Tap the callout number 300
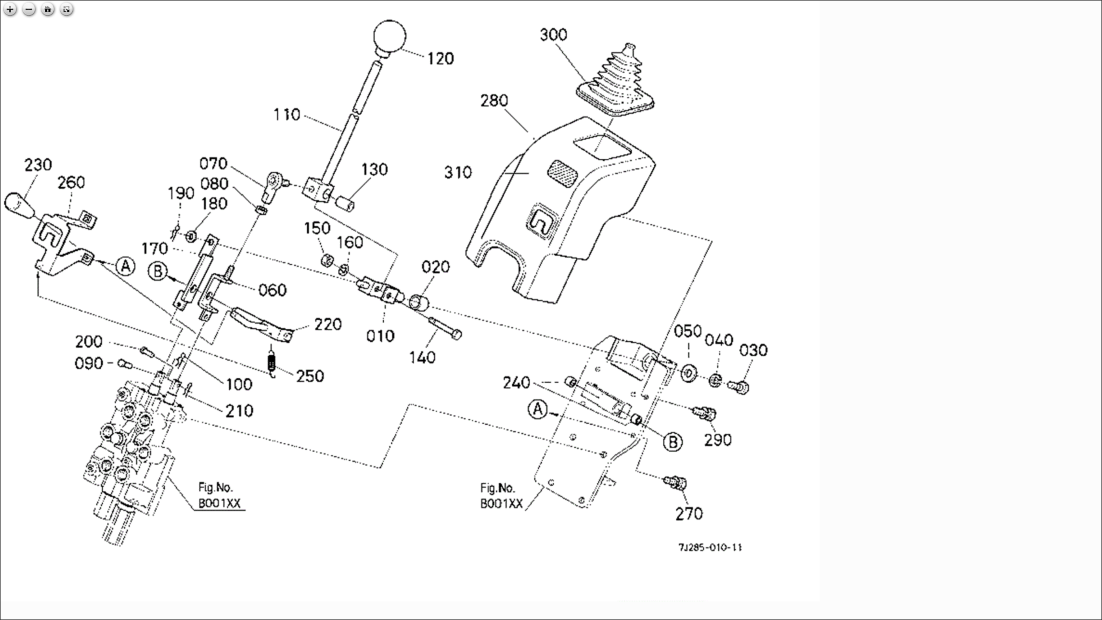(553, 35)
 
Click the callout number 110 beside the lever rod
(287, 115)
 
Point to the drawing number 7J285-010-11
(710, 547)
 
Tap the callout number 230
(38, 165)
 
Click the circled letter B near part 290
(672, 442)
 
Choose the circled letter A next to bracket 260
(125, 266)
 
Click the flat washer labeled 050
(688, 372)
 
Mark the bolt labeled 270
(676, 482)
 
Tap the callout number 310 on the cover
(458, 173)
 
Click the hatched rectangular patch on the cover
(562, 170)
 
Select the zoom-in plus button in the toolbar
(10, 9)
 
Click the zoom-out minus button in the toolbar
(29, 9)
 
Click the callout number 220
(328, 325)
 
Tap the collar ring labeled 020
(419, 302)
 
